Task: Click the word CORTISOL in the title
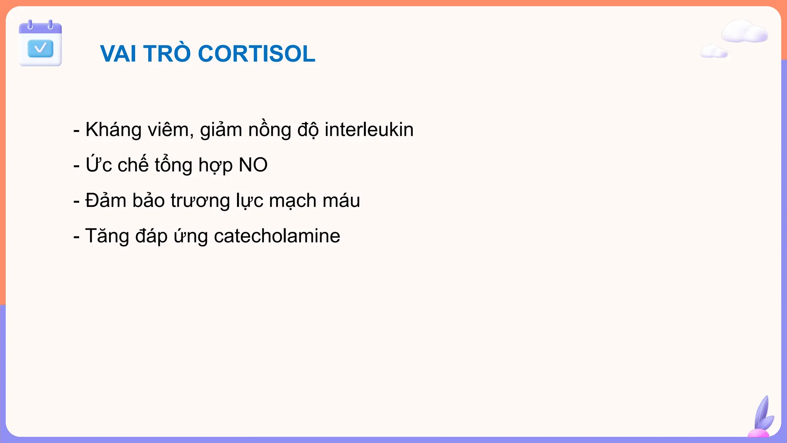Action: click(x=256, y=53)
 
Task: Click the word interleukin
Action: click(x=369, y=129)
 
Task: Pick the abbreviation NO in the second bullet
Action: click(x=253, y=165)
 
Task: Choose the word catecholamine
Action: click(x=277, y=236)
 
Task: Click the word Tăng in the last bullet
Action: click(x=107, y=236)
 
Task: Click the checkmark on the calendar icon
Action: click(x=40, y=48)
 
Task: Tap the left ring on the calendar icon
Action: click(x=30, y=25)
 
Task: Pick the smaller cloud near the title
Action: click(x=714, y=52)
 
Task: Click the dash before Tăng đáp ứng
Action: click(x=76, y=236)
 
